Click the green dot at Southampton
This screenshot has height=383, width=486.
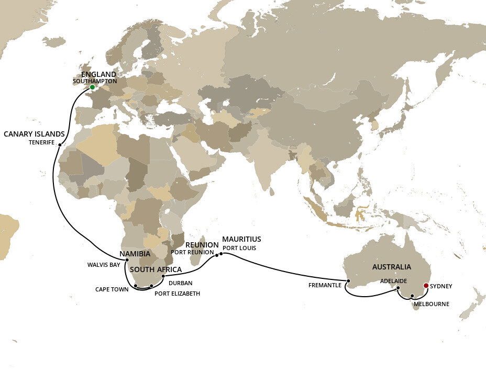(x=92, y=87)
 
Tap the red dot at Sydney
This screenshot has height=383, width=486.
(x=426, y=286)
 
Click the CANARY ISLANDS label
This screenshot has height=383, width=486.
(x=34, y=134)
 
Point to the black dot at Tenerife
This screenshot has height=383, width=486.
(x=60, y=145)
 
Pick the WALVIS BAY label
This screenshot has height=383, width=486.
(x=104, y=264)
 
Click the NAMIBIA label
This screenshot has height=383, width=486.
(x=135, y=254)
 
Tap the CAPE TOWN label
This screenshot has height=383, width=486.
(x=112, y=289)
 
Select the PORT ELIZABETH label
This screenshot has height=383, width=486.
(x=177, y=294)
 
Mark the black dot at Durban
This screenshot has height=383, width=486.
(x=163, y=276)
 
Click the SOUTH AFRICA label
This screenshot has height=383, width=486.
(x=156, y=269)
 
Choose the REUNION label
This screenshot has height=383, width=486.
(x=202, y=244)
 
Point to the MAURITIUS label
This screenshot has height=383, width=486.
(x=241, y=239)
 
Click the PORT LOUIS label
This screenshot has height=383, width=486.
(x=239, y=247)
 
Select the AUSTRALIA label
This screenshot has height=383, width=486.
(x=391, y=267)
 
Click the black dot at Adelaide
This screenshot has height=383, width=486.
(x=398, y=288)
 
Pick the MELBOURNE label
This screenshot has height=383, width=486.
(x=431, y=304)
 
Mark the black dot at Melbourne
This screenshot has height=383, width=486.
(x=412, y=296)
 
